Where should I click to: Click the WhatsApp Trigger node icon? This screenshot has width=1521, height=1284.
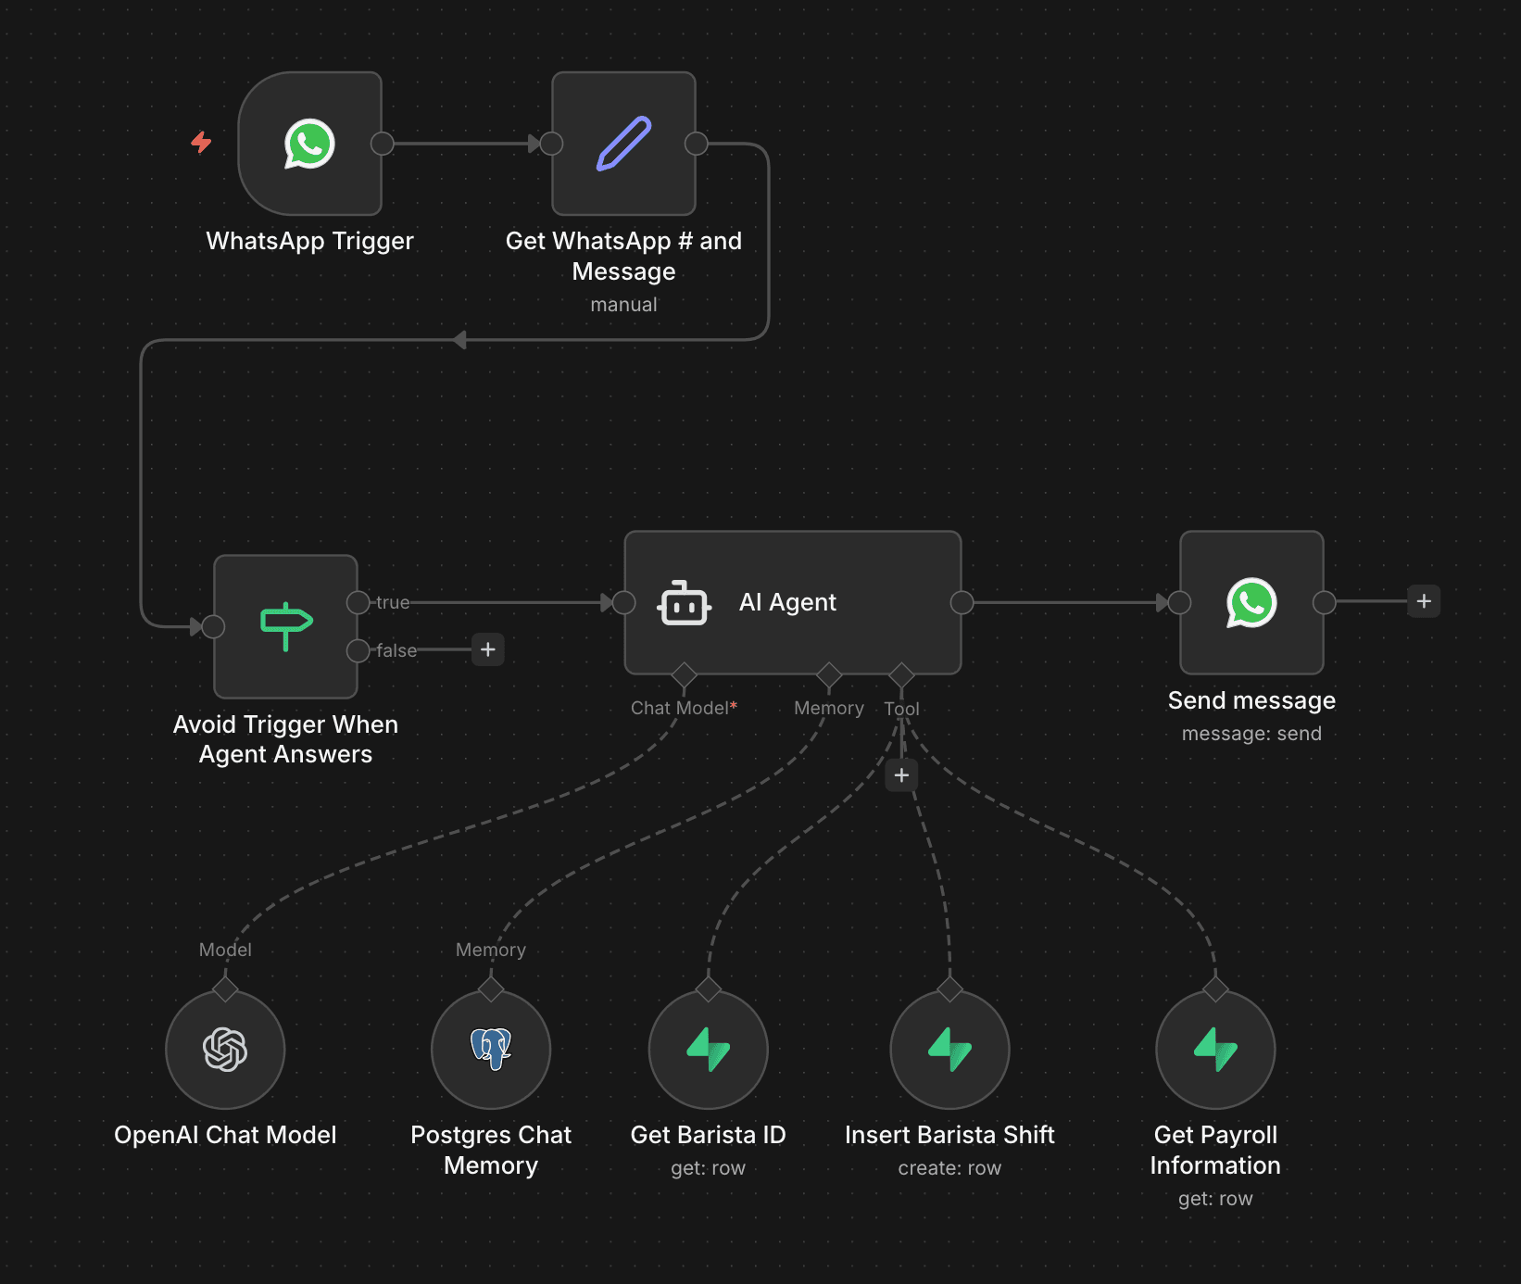(x=309, y=144)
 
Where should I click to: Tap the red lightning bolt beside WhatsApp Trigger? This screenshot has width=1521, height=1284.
(x=201, y=142)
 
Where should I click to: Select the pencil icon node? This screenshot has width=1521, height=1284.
(x=623, y=144)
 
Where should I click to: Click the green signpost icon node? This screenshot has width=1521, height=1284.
(x=286, y=626)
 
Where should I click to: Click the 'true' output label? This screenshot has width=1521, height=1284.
(x=393, y=602)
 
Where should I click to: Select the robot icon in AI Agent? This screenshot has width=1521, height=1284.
(x=684, y=603)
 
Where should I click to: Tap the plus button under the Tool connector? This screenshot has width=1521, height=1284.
(x=901, y=775)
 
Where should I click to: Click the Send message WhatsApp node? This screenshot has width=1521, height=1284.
(x=1251, y=602)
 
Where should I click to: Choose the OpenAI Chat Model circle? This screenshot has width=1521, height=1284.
(x=225, y=1050)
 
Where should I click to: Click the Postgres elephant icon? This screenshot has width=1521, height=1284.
(x=491, y=1049)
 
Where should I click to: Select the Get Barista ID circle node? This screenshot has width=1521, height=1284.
(x=709, y=1050)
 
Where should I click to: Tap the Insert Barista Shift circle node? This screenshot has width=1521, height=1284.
(x=949, y=1050)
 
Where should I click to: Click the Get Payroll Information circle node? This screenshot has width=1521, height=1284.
(x=1215, y=1050)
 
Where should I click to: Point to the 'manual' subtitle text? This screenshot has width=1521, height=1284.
(x=623, y=305)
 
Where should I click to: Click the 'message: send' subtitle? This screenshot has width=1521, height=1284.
(x=1251, y=734)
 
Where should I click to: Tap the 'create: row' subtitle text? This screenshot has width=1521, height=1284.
(x=949, y=1168)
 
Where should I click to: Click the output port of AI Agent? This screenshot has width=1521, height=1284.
(x=962, y=603)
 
